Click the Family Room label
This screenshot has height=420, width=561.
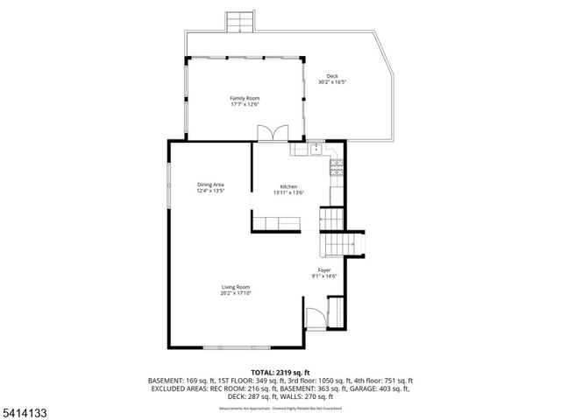click(x=245, y=98)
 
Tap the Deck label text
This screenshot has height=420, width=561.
click(x=332, y=77)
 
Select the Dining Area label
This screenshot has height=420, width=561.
click(x=210, y=185)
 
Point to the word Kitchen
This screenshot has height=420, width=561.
click(x=288, y=187)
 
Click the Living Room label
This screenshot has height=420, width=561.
click(x=236, y=288)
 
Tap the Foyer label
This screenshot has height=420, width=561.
click(x=324, y=270)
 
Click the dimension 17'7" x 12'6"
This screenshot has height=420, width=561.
click(x=245, y=104)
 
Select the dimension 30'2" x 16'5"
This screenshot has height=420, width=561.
click(x=332, y=83)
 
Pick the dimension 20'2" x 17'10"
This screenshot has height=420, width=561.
click(x=236, y=294)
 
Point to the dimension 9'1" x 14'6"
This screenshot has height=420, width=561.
click(x=324, y=276)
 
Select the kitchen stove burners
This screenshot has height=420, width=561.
click(x=336, y=166)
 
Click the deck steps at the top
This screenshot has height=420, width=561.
click(x=238, y=22)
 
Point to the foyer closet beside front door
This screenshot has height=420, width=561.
click(x=335, y=311)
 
